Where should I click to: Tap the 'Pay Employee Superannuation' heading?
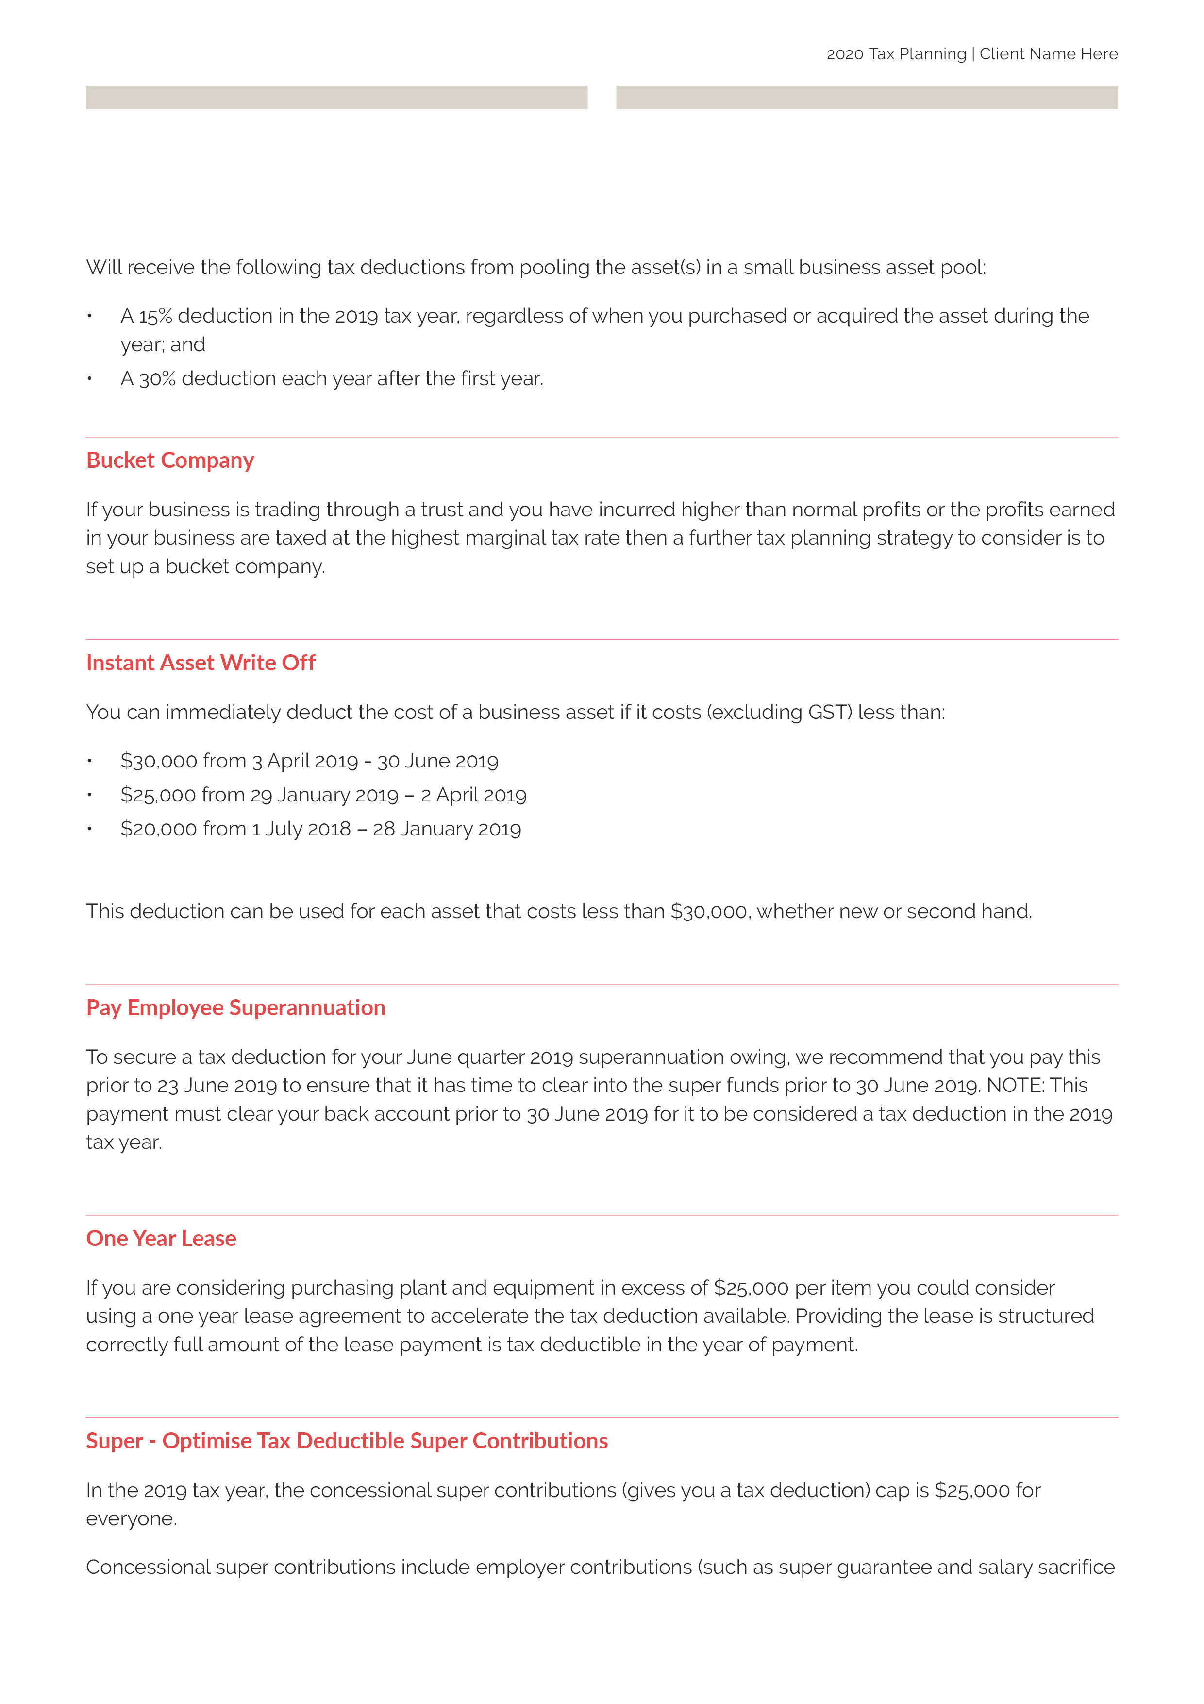(235, 1008)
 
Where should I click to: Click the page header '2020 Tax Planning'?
(896, 54)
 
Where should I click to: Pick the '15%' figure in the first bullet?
(155, 316)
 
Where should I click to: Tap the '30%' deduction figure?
(157, 379)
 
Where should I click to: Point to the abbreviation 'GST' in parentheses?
(827, 713)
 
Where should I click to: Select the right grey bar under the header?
(867, 97)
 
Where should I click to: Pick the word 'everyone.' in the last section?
(131, 1519)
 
